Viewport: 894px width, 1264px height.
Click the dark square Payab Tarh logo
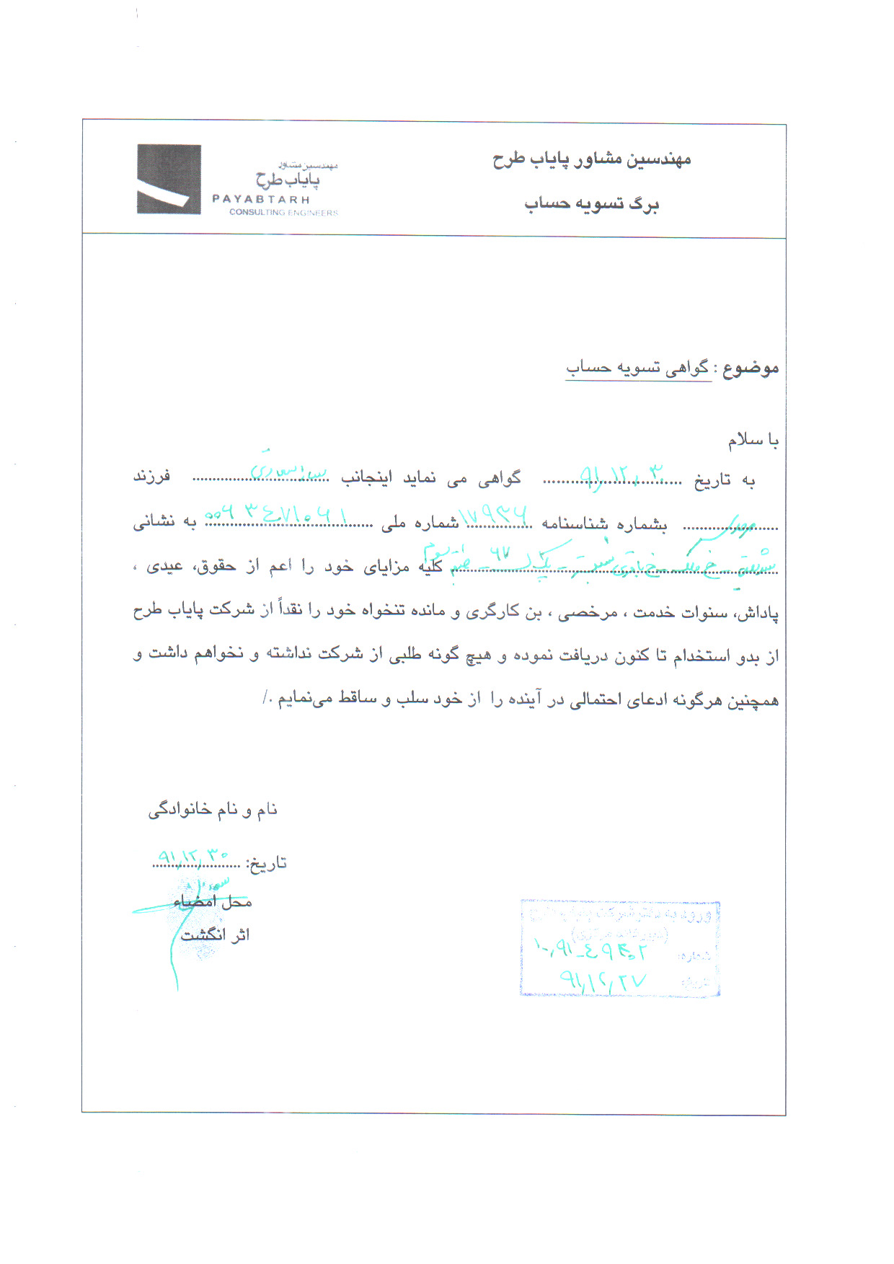[x=169, y=180]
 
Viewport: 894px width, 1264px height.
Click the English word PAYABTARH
[x=261, y=199]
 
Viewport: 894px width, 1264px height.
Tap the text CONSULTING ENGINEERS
[x=283, y=213]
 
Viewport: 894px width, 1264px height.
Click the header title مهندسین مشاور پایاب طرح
[x=592, y=159]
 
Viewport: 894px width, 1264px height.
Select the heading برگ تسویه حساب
[x=592, y=204]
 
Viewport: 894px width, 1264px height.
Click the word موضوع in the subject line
[x=750, y=368]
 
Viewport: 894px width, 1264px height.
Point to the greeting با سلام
[x=753, y=441]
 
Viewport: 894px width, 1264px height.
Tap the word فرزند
[x=151, y=477]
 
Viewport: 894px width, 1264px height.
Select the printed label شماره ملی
[x=420, y=524]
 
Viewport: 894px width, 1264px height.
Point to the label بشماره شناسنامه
[x=604, y=524]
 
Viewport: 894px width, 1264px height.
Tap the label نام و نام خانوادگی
[x=213, y=810]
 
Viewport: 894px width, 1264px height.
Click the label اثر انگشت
[x=215, y=935]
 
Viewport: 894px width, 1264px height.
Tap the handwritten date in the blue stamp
[x=603, y=980]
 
